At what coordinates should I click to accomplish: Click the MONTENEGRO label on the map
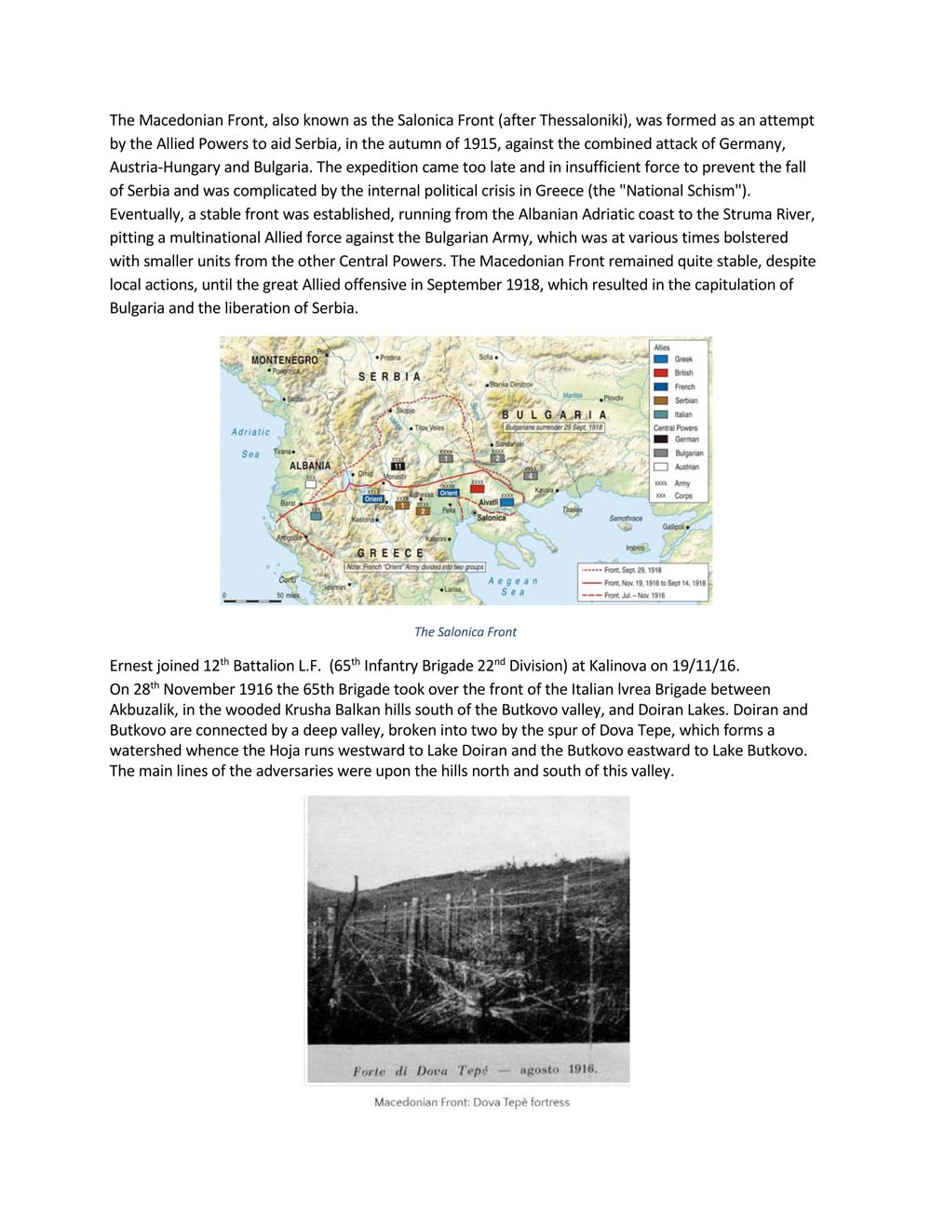(x=284, y=359)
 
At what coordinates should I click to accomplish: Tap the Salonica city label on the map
(x=492, y=518)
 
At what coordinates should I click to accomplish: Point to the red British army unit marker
(x=478, y=487)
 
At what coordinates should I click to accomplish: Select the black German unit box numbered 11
(x=398, y=466)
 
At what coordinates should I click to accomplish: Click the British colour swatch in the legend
(x=661, y=372)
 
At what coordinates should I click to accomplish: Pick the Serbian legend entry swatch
(x=661, y=400)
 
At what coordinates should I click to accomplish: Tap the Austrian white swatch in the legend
(x=661, y=467)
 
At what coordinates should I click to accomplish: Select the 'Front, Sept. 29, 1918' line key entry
(x=633, y=570)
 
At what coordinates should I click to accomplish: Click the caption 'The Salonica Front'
(x=465, y=631)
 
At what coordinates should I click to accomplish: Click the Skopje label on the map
(x=406, y=411)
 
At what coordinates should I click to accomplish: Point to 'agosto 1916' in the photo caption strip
(x=558, y=1069)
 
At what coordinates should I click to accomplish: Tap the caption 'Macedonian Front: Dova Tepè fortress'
(x=471, y=1103)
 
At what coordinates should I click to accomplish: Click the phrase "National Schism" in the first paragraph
(x=683, y=191)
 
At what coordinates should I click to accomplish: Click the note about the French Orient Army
(x=415, y=566)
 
